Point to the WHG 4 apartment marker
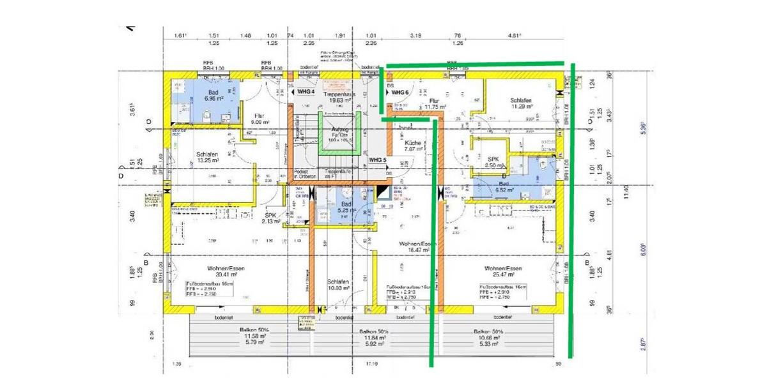[303, 91]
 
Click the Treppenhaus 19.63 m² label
[339, 96]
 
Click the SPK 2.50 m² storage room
[493, 162]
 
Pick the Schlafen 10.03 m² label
[339, 285]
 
